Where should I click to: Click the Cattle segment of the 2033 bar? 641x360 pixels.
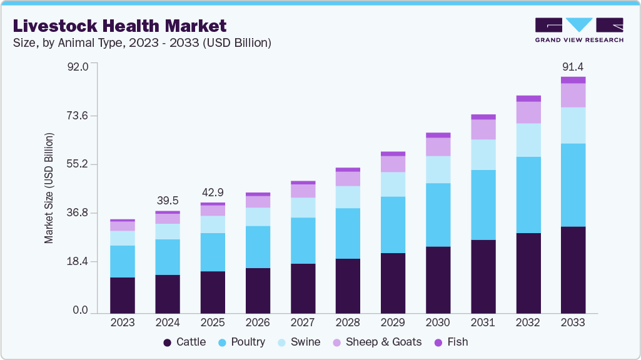(x=573, y=269)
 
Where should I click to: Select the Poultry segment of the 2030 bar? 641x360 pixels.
(x=438, y=214)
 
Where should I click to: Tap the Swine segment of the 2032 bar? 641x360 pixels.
(x=528, y=140)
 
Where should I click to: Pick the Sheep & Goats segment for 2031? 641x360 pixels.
(x=483, y=129)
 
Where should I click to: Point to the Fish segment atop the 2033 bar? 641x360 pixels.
(x=573, y=80)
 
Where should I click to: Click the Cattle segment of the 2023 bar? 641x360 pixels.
(x=123, y=295)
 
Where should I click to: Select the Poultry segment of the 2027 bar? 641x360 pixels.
(x=303, y=241)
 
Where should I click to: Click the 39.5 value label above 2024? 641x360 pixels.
(x=168, y=201)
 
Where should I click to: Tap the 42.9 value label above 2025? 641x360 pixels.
(x=213, y=192)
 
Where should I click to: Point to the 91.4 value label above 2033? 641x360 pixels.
(x=573, y=66)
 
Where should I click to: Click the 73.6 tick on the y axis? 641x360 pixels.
(x=79, y=116)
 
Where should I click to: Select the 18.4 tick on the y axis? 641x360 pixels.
(x=79, y=261)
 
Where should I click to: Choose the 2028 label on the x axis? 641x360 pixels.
(x=348, y=322)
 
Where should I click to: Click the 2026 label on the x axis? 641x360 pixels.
(x=258, y=322)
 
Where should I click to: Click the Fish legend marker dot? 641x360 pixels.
(x=438, y=342)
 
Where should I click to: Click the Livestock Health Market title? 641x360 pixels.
(x=119, y=26)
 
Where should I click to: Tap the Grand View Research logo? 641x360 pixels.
(x=579, y=29)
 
